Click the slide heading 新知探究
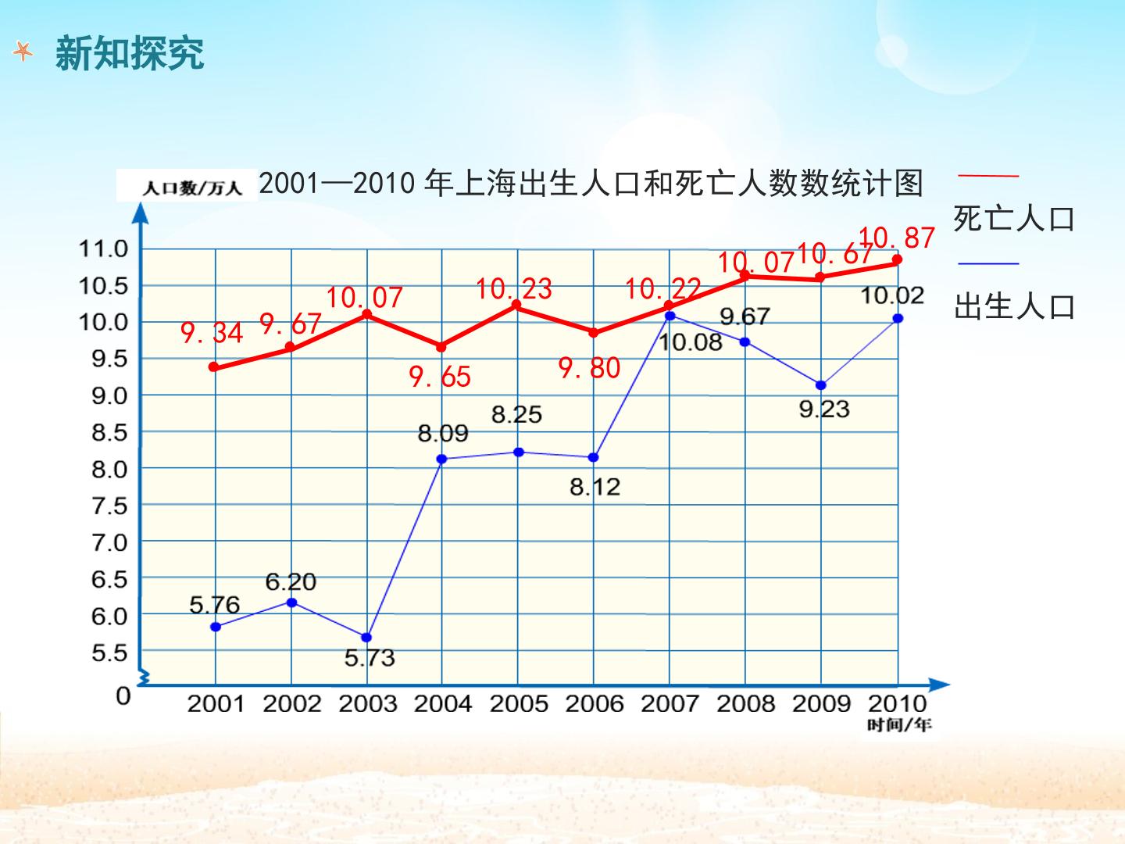pos(130,53)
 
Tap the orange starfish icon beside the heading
pos(23,52)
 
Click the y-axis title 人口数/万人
pos(192,188)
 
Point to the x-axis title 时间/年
pos(899,725)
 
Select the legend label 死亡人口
pos(1014,219)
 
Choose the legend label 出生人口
pos(1014,307)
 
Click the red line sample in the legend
pos(988,176)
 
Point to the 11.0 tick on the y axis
pos(103,249)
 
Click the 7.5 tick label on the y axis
pos(109,506)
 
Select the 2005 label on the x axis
pos(519,703)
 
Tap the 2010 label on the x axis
pos(897,703)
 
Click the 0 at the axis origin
pos(123,696)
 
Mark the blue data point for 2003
pos(366,638)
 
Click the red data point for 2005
pos(516,305)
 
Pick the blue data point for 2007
pos(670,316)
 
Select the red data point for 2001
pos(214,367)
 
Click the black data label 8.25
pos(516,414)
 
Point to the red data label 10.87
pos(897,238)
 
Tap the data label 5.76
pos(214,605)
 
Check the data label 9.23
pos(824,409)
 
